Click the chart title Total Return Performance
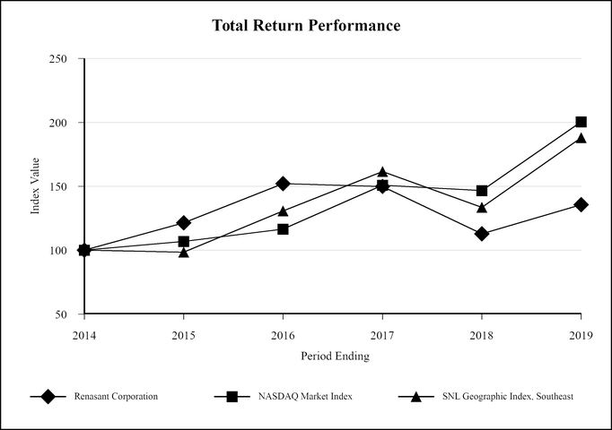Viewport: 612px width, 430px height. coord(306,25)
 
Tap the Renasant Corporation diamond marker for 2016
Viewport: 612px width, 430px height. coord(283,184)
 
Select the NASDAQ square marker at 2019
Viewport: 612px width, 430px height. coord(581,122)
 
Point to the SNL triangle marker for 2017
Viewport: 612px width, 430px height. coord(382,172)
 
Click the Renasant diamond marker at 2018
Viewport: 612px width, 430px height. coord(482,234)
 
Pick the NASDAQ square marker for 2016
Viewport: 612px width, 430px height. coord(283,229)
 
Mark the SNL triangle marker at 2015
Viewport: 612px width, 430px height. coord(184,253)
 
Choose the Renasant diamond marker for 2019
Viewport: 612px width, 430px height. coord(581,205)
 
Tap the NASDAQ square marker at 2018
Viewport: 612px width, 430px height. coord(482,191)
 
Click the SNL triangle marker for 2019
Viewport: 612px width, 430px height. coord(581,138)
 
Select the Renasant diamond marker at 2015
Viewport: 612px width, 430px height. coord(184,222)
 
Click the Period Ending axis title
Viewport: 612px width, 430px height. coord(333,356)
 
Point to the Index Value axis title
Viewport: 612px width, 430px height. coord(36,186)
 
